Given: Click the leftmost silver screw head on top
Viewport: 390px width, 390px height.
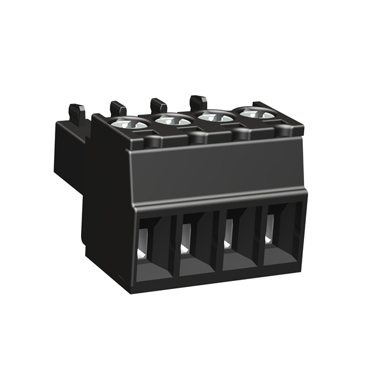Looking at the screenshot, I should [130, 124].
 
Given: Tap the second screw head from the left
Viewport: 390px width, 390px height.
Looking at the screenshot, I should [173, 120].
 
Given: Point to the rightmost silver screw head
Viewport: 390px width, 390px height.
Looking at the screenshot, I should [256, 113].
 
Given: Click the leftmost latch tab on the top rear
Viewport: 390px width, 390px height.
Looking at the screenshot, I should [77, 113].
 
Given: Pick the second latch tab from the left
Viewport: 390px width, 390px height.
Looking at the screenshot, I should [118, 108].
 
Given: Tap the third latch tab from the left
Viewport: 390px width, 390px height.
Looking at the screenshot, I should [158, 105].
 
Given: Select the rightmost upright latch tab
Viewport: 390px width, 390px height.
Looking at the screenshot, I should [198, 101].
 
